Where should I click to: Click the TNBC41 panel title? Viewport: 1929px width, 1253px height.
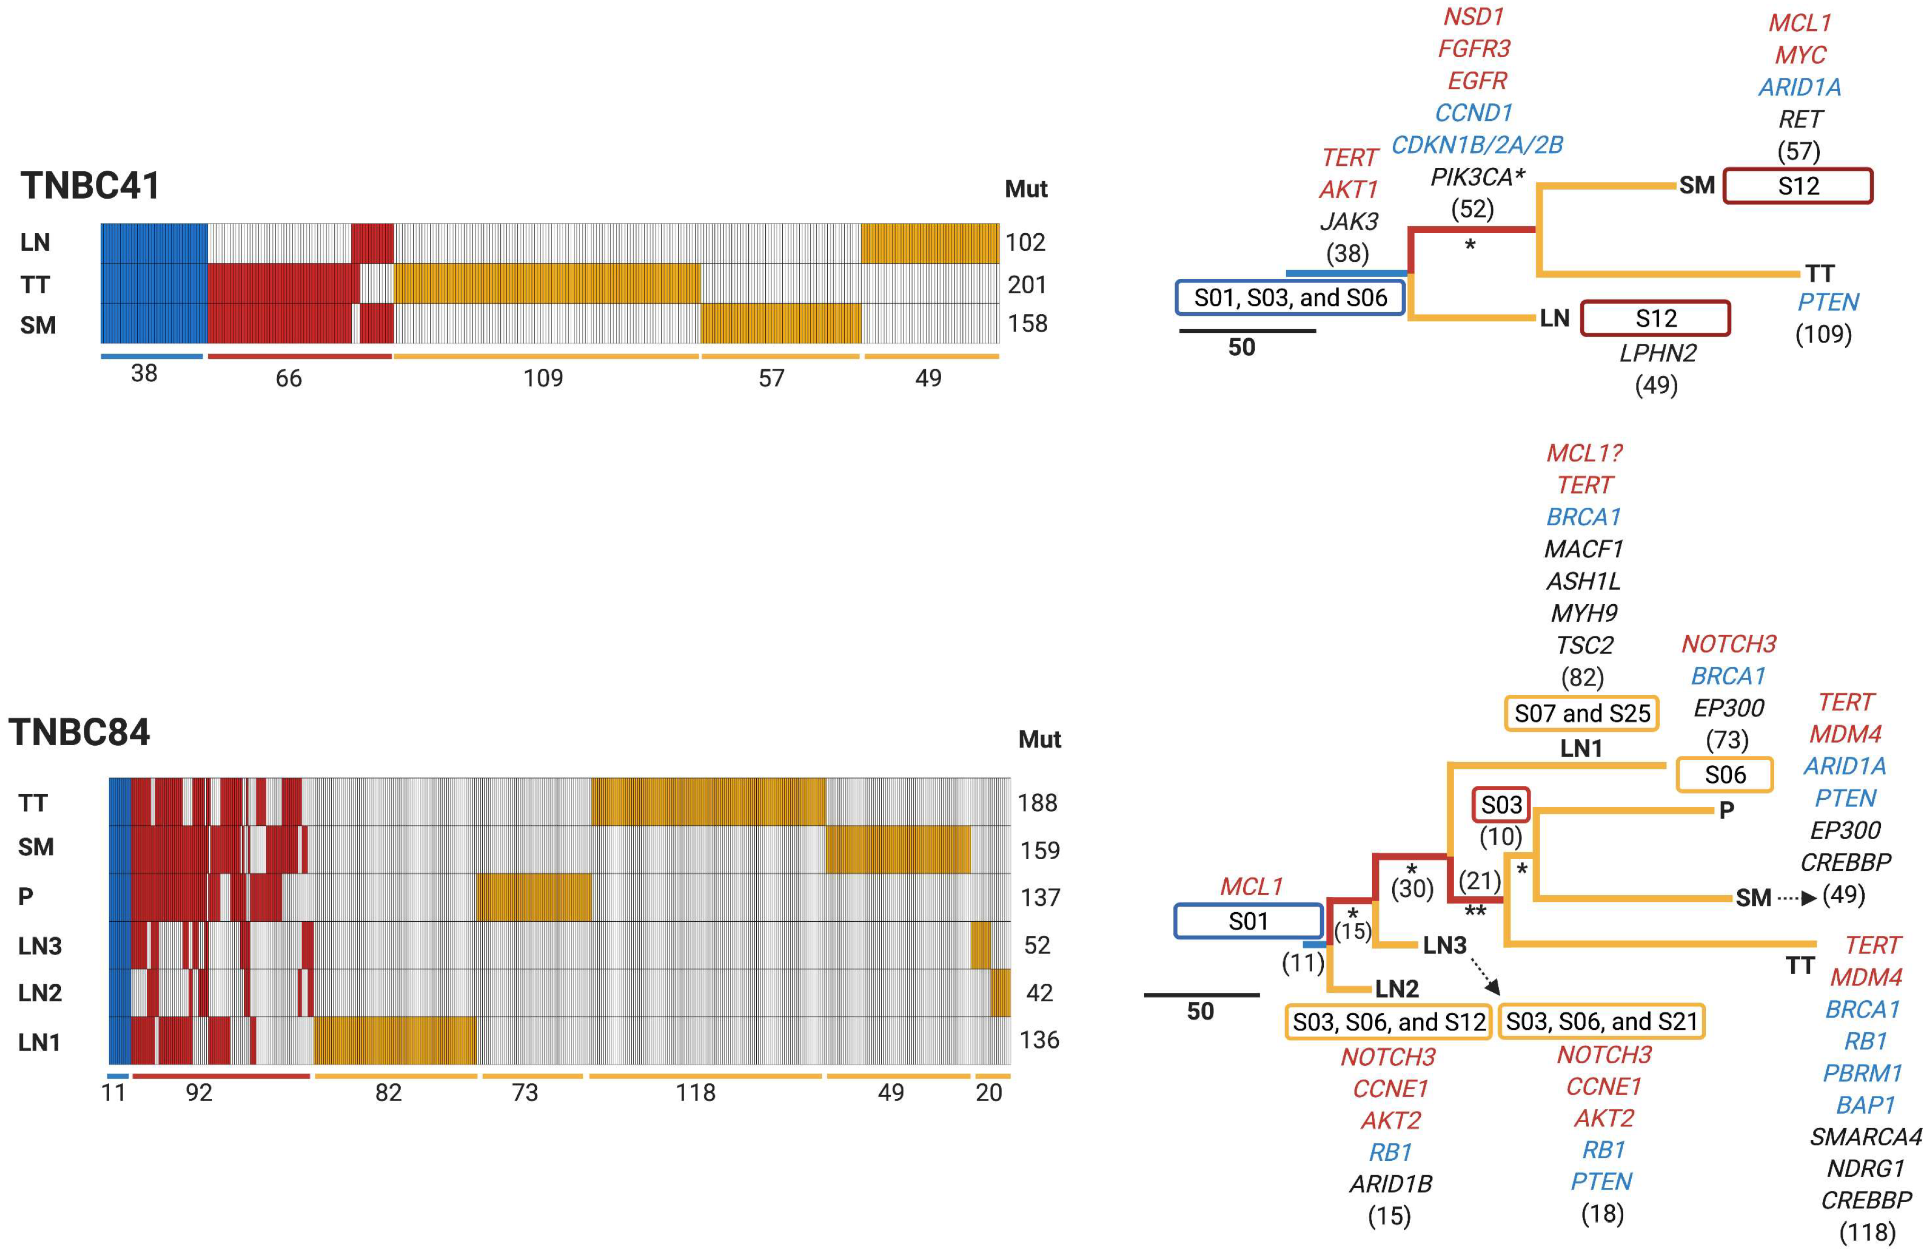[90, 186]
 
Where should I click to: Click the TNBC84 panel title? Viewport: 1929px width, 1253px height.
[79, 732]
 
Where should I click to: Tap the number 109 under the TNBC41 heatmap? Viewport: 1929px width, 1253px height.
[543, 378]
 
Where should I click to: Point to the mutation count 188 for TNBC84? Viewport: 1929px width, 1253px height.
[1038, 802]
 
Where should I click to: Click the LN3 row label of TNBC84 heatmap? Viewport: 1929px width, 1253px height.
[40, 945]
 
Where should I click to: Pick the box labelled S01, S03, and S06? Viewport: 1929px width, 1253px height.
[1290, 297]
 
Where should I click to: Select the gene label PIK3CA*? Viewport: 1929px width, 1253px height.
[1477, 177]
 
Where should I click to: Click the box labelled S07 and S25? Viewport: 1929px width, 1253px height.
[1581, 713]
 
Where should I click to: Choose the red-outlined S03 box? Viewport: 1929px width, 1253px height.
[1501, 805]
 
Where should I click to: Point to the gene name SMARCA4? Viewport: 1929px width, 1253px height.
[1865, 1136]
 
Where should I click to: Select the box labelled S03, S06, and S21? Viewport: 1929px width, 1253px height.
[1601, 1021]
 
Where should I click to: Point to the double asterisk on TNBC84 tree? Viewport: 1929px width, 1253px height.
[1475, 913]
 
